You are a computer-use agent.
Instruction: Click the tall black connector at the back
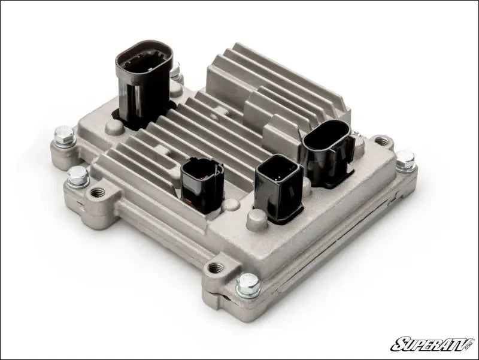(x=144, y=84)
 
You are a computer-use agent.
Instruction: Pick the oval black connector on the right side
(x=326, y=147)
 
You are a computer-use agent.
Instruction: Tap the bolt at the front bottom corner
(x=248, y=286)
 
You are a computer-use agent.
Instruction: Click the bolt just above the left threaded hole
(x=77, y=176)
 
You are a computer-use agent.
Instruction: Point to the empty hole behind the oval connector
(x=381, y=142)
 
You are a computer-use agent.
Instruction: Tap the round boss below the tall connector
(x=116, y=128)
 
